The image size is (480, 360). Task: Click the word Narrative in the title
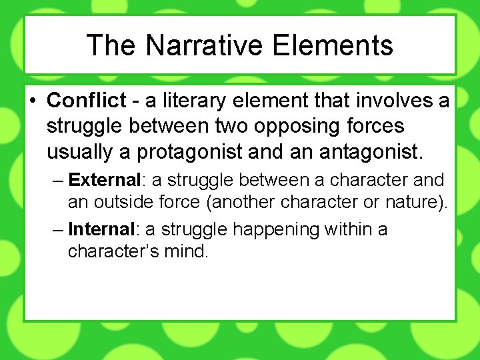click(206, 45)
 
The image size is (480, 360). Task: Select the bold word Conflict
click(86, 101)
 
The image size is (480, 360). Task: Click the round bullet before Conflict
click(32, 101)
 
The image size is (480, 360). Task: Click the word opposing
click(297, 126)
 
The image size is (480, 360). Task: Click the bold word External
click(105, 180)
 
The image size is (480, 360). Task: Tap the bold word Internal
click(102, 229)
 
